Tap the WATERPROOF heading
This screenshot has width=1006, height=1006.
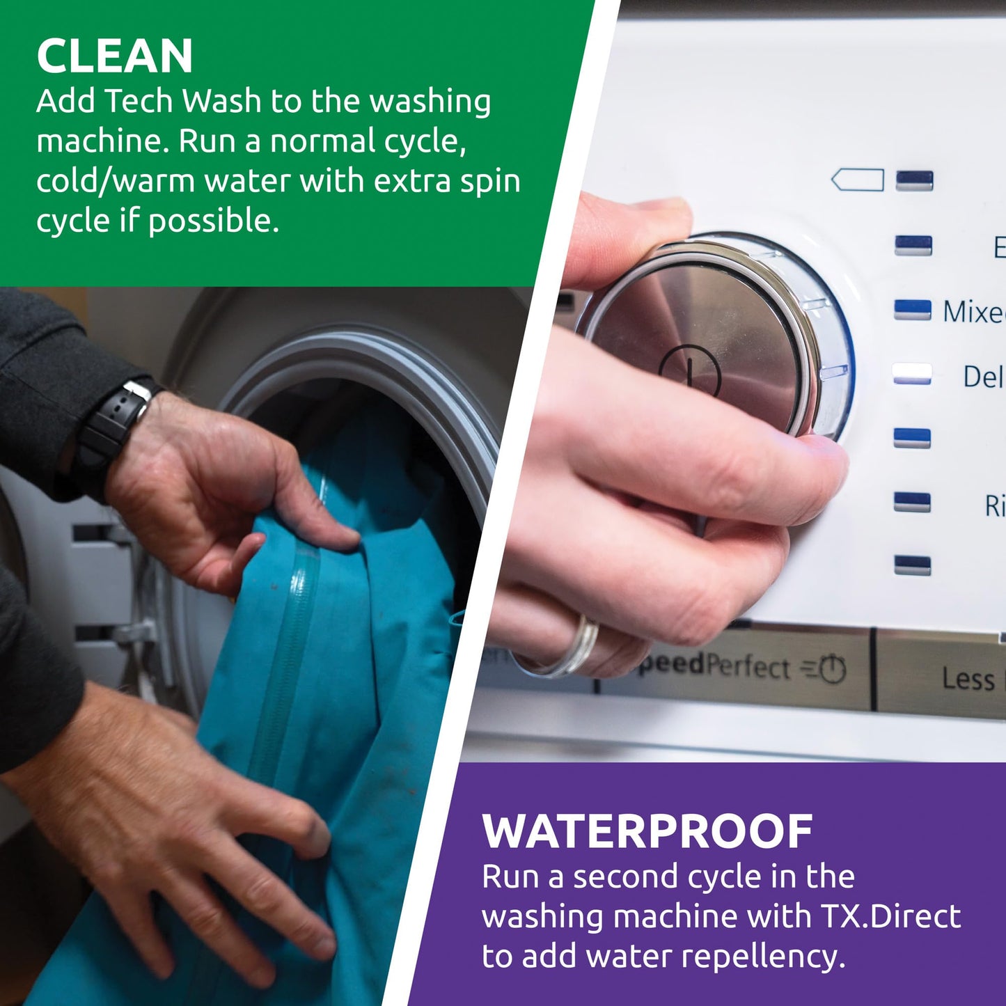[x=647, y=831]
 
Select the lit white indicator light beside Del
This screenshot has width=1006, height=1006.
[x=912, y=374]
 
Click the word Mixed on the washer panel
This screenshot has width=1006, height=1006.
[x=973, y=312]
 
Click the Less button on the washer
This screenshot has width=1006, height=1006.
[x=967, y=679]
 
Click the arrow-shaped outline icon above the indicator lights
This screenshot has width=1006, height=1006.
[x=857, y=180]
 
